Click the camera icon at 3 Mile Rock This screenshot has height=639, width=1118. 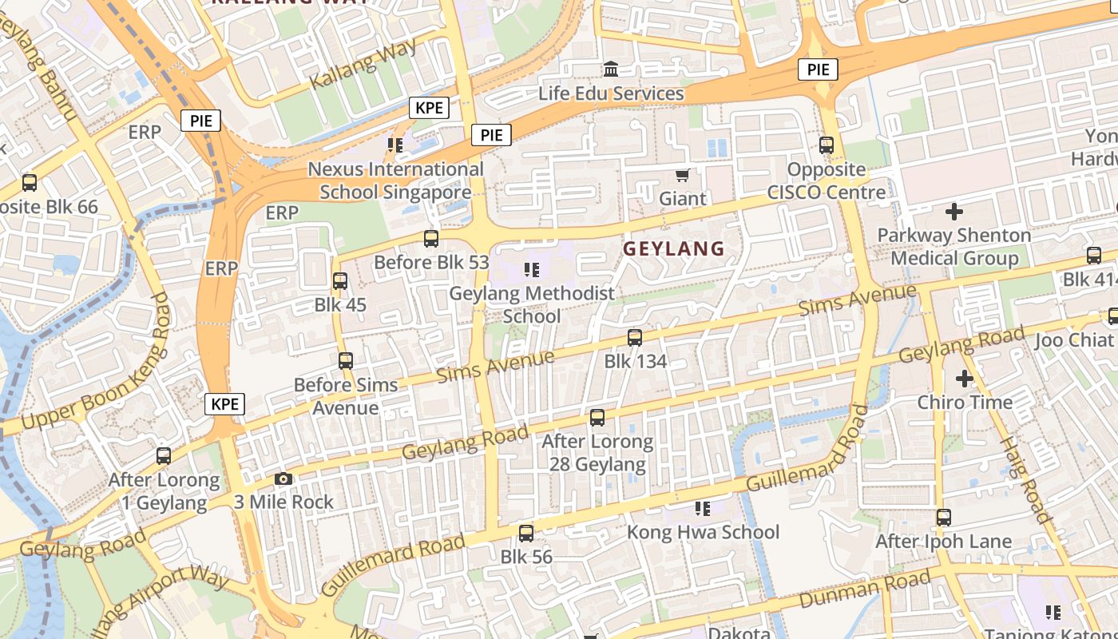(x=283, y=479)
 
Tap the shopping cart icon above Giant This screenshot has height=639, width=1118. (x=682, y=175)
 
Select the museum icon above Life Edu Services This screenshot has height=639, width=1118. (x=611, y=69)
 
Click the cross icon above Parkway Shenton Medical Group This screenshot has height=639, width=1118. (x=953, y=212)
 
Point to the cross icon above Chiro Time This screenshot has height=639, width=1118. (x=964, y=378)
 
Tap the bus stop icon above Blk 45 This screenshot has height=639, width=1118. (x=339, y=281)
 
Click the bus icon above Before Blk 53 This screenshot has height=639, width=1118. (x=431, y=238)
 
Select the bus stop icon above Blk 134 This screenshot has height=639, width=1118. (x=635, y=338)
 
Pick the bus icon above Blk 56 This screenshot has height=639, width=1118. (x=526, y=533)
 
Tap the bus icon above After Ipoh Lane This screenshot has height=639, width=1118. (x=944, y=518)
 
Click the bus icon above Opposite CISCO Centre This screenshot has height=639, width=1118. (x=827, y=145)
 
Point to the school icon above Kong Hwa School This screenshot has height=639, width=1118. (x=703, y=508)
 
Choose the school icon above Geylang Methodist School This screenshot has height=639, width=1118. (x=531, y=270)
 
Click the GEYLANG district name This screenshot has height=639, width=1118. (x=673, y=248)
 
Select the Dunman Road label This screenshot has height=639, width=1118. (x=864, y=589)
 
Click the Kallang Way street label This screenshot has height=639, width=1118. (x=363, y=63)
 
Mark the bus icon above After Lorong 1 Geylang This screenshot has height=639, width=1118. (x=164, y=456)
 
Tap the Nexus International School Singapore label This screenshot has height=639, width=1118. (x=395, y=181)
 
